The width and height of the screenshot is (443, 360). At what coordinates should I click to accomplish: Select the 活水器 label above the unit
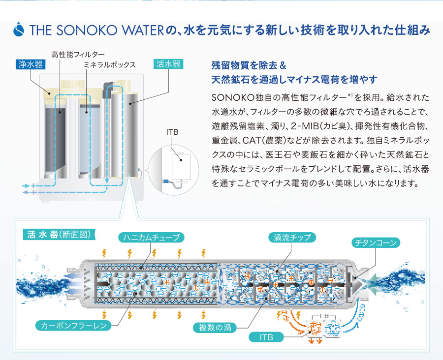click(169, 64)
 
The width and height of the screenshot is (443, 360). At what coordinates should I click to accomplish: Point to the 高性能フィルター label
click(78, 54)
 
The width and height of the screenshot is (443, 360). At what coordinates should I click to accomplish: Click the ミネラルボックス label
click(109, 64)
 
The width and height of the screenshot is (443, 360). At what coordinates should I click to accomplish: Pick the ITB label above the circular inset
click(173, 133)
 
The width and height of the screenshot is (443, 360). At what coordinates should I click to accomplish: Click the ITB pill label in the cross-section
click(265, 337)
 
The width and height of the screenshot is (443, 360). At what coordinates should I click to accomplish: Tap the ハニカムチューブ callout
click(152, 238)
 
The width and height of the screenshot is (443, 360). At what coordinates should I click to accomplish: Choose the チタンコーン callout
click(377, 242)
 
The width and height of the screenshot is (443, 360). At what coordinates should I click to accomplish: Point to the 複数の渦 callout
click(215, 327)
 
